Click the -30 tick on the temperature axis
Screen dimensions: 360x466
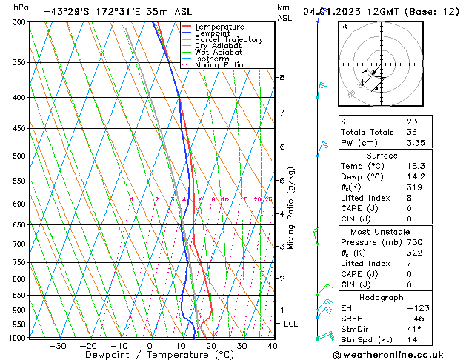(57, 346)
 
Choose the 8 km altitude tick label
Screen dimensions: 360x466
(282, 77)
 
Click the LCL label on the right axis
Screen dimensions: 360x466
(291, 324)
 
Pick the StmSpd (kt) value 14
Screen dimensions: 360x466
(411, 339)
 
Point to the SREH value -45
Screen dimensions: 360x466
(413, 318)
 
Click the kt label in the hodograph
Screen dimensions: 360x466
(344, 27)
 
